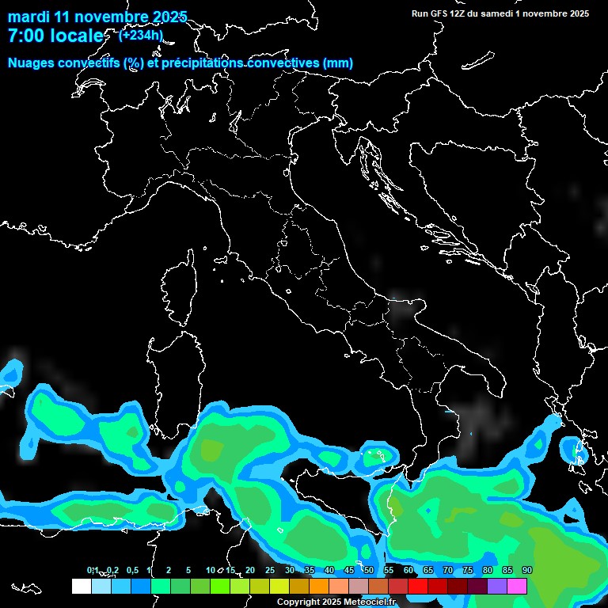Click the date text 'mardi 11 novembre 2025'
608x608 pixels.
point(97,17)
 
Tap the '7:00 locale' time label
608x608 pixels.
point(55,36)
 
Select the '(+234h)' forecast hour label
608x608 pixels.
point(141,35)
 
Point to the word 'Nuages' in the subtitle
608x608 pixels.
point(32,63)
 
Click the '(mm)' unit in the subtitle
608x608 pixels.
point(337,63)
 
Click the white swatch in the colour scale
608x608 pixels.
point(81,586)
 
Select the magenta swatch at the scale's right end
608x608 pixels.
point(517,586)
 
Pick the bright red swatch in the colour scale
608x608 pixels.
point(418,586)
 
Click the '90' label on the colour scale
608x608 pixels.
point(526,570)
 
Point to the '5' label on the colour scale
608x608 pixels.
point(188,570)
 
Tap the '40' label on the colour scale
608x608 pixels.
point(329,570)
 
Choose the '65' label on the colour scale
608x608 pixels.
point(427,570)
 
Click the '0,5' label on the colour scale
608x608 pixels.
point(132,570)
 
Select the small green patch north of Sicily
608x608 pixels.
point(375,457)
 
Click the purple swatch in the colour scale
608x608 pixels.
point(497,586)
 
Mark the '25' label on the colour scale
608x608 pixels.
point(269,570)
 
